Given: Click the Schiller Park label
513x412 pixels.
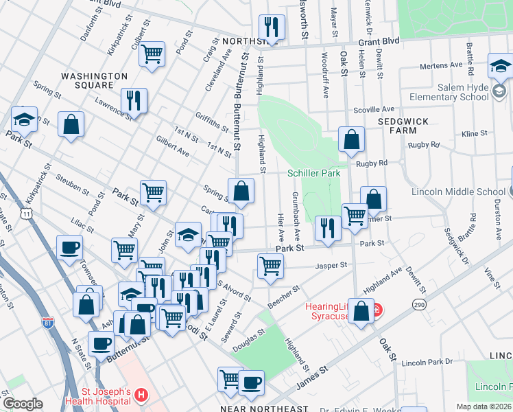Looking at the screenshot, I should pos(314,174).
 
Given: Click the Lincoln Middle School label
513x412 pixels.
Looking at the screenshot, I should pos(458,192).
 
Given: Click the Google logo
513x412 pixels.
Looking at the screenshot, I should pos(23,404).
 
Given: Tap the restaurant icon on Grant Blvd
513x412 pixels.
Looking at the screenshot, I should pos(272,27).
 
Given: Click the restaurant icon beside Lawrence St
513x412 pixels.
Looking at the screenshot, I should pos(134,100).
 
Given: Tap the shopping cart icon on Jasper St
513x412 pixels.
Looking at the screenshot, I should pos(271,264).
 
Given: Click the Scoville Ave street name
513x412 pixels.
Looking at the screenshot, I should pos(374,109).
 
